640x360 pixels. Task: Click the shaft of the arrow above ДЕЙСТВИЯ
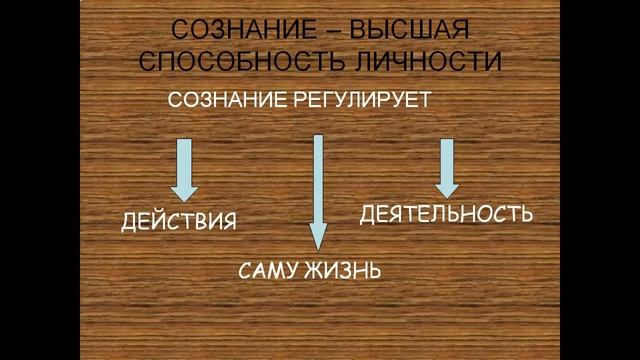point(184,158)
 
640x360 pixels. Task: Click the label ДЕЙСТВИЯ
point(180,219)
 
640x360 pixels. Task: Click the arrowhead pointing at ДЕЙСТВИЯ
point(184,191)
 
